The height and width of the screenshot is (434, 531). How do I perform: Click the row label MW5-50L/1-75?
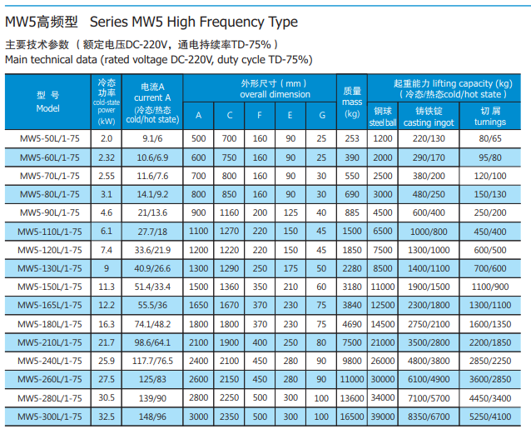coord(47,137)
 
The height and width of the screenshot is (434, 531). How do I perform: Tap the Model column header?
coord(47,102)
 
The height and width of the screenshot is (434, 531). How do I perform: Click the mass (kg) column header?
coord(352,102)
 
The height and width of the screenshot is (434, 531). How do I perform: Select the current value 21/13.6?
coord(151,212)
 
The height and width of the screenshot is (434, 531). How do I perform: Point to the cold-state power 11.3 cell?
coord(107,286)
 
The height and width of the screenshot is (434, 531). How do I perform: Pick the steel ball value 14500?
coord(382,323)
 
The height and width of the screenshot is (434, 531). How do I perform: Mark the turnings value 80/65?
coord(490,137)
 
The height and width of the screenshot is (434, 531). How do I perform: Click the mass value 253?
coord(352,137)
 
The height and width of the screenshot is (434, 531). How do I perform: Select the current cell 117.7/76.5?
coord(151,361)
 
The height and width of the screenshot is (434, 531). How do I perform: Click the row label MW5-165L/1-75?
coord(47,305)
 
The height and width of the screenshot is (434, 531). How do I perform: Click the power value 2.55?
coord(107,175)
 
